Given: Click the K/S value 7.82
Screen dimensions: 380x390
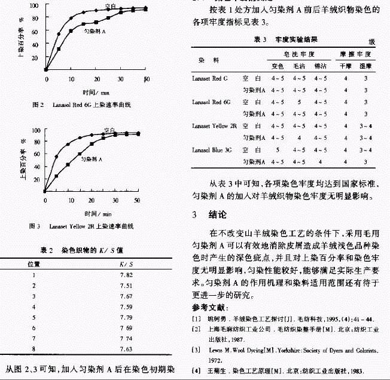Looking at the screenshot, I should point(126,274).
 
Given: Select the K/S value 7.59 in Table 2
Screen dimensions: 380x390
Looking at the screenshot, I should point(126,307).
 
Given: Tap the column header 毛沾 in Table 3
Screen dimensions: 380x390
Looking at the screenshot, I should point(299,66).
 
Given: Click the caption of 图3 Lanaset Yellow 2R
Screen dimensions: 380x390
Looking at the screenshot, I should point(84,227).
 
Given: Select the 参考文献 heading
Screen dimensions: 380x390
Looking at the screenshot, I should point(209,307).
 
